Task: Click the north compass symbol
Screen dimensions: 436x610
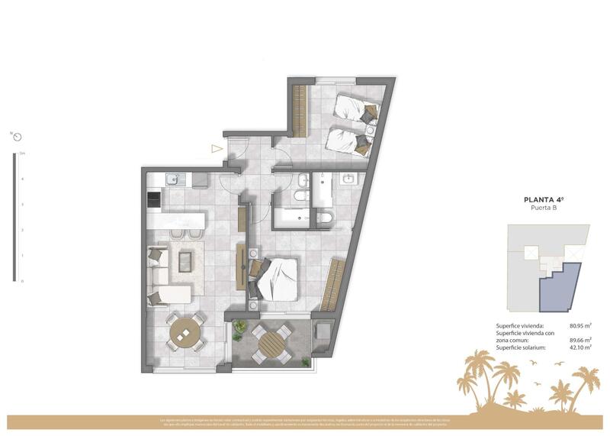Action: pyautogui.click(x=16, y=137)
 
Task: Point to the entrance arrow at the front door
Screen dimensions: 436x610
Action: pyautogui.click(x=217, y=150)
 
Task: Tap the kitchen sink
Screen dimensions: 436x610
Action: pyautogui.click(x=172, y=180)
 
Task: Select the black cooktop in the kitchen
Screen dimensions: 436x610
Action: pyautogui.click(x=154, y=200)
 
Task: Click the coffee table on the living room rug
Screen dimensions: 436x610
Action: pyautogui.click(x=185, y=261)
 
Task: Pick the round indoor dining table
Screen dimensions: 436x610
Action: pyautogui.click(x=183, y=332)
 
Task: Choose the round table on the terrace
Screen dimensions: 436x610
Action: pyautogui.click(x=271, y=343)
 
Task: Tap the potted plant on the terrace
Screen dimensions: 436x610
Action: pyautogui.click(x=238, y=331)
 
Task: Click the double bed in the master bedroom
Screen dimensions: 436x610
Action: pyautogui.click(x=276, y=276)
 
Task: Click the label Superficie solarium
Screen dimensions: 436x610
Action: pyautogui.click(x=522, y=348)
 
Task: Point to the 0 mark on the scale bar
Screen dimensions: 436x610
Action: pyautogui.click(x=22, y=281)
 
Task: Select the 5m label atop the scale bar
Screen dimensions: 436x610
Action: pyautogui.click(x=22, y=153)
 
